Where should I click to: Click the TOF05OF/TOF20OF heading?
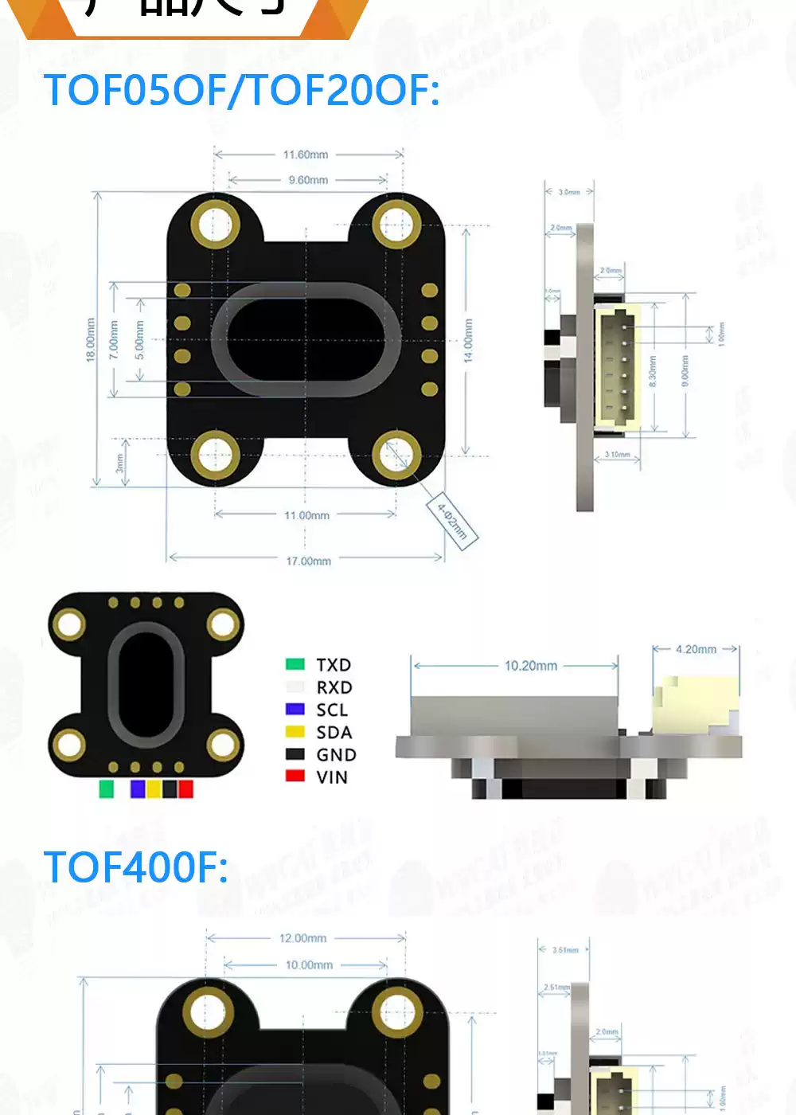(241, 90)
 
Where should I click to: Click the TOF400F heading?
(135, 867)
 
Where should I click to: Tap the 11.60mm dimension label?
(306, 155)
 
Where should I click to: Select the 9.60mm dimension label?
(308, 180)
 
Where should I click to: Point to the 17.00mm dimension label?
(309, 561)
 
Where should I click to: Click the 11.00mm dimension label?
(307, 515)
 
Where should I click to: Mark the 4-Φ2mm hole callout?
(452, 522)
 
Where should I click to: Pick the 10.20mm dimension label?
(531, 666)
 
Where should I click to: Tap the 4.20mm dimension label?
(696, 649)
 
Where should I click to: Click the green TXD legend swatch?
(295, 664)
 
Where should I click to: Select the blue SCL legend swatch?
(295, 709)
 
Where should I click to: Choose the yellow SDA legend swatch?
(295, 731)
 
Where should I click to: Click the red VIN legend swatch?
(295, 776)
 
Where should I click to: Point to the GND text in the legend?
(336, 754)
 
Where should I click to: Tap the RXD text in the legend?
(334, 687)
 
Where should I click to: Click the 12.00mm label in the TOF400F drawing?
(302, 938)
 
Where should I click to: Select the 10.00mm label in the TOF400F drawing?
(309, 964)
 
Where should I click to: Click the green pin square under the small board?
(106, 788)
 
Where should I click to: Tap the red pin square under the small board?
(185, 788)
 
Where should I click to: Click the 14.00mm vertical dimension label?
(468, 341)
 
